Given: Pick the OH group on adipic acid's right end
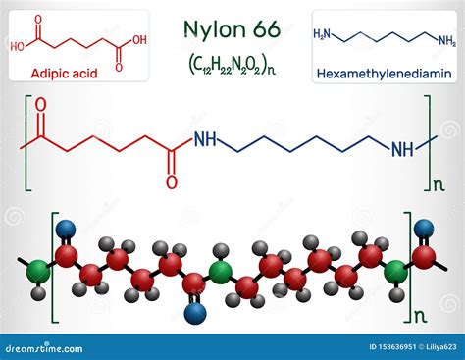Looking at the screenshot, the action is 139,40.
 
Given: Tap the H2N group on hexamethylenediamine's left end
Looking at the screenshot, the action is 322,35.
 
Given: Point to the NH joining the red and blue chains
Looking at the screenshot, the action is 205,141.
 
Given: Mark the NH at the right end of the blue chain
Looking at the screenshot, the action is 402,149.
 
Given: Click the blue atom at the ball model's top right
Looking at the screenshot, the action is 424,229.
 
